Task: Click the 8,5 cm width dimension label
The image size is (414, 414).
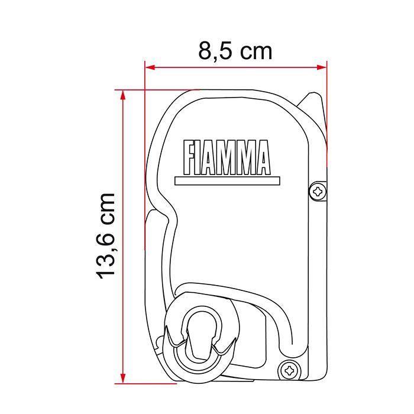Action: pyautogui.click(x=235, y=51)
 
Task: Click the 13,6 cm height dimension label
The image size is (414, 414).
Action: pyautogui.click(x=106, y=235)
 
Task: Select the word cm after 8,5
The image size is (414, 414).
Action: pyautogui.click(x=255, y=51)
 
